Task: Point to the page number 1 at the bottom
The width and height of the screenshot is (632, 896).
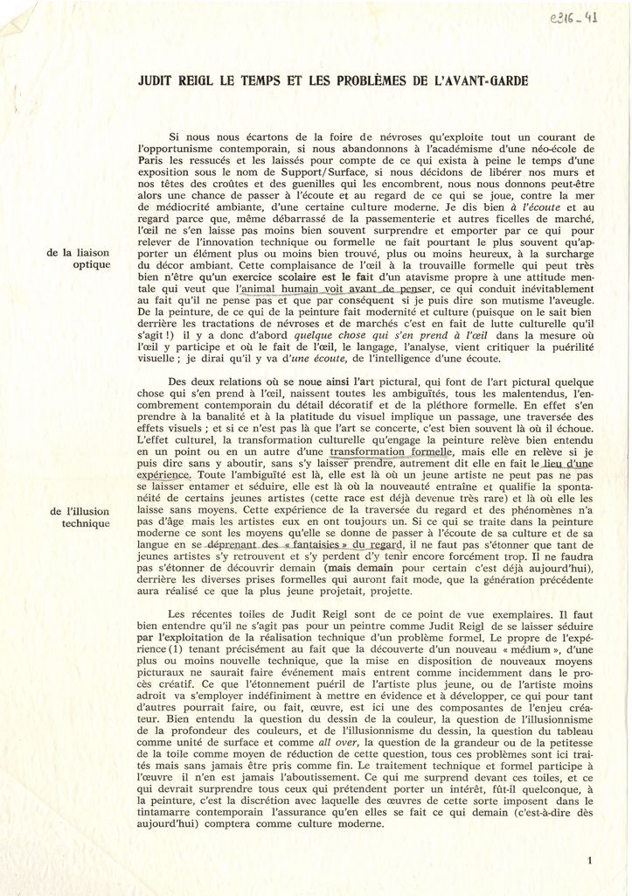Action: (x=591, y=861)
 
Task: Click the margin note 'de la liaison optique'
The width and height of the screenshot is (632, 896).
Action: (x=80, y=258)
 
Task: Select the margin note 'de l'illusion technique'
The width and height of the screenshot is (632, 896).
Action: (x=80, y=517)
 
